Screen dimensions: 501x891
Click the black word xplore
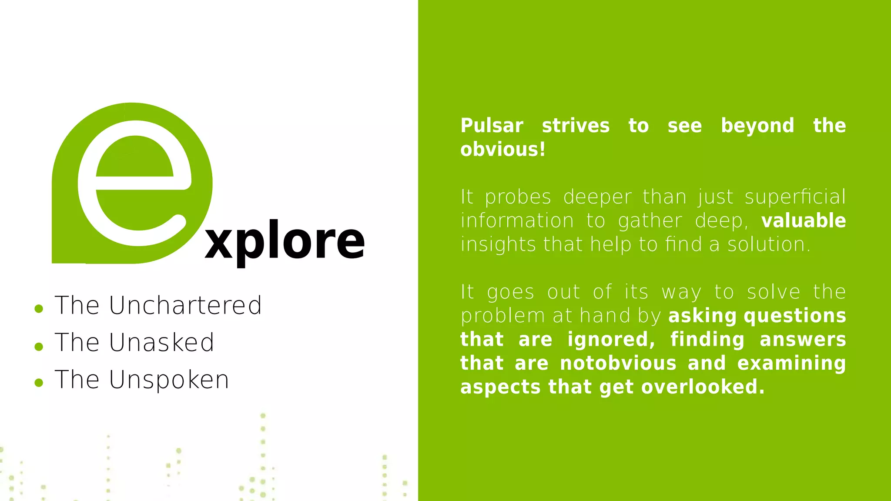pos(285,241)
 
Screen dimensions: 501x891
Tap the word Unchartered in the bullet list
pos(185,305)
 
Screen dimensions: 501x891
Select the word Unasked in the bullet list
pos(161,342)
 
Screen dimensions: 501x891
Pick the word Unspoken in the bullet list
pos(169,380)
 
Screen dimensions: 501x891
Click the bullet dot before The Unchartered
pos(39,309)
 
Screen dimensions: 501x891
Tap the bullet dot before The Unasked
pos(39,346)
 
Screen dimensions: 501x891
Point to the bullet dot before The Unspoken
pos(39,383)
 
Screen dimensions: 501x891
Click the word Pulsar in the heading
pos(492,126)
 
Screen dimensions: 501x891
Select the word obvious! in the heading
pos(502,150)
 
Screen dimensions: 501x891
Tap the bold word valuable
pos(804,220)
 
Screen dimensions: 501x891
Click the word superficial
pos(795,197)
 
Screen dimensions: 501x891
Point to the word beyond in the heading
pos(757,126)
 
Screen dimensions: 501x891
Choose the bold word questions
pos(795,316)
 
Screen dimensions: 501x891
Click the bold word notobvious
pos(618,363)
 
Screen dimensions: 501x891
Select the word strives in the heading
pos(576,126)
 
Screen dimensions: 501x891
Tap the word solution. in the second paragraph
pos(769,244)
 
